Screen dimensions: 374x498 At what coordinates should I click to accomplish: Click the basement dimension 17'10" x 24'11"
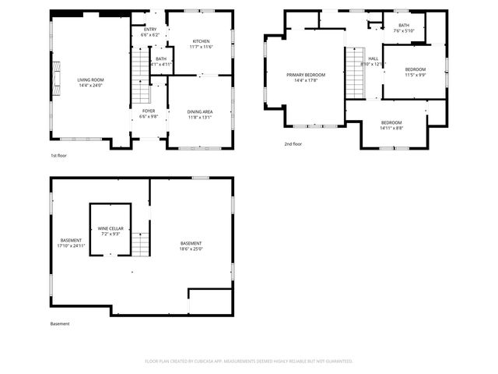click(71, 243)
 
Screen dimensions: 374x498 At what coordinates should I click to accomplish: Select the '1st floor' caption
click(59, 156)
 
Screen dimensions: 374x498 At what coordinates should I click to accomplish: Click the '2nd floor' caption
click(293, 143)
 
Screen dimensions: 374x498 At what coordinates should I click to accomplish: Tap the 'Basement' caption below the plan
click(60, 323)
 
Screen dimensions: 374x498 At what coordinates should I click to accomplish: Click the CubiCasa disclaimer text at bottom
click(249, 361)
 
